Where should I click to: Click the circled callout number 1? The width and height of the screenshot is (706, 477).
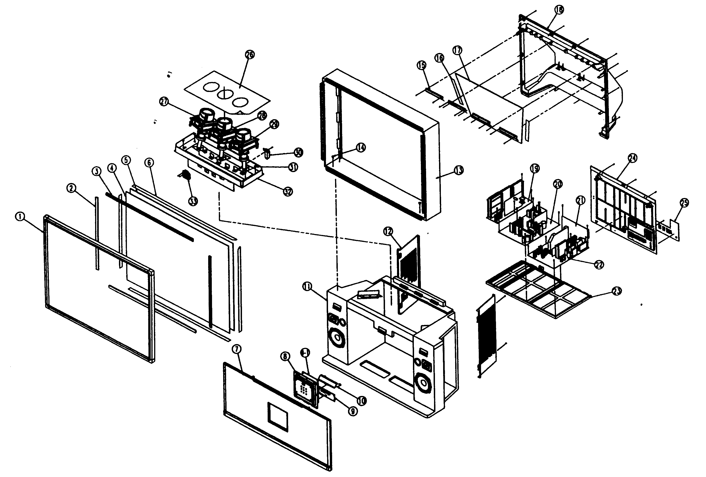[20, 217]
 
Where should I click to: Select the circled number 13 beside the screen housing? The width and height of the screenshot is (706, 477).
[459, 170]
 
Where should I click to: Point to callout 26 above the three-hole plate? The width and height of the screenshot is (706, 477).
[250, 55]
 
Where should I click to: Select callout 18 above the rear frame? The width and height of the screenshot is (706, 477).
[558, 10]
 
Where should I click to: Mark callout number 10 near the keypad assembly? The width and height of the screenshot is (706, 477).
[361, 401]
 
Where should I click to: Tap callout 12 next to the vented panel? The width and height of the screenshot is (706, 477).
[388, 232]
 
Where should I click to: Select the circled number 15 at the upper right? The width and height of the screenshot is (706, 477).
[421, 65]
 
